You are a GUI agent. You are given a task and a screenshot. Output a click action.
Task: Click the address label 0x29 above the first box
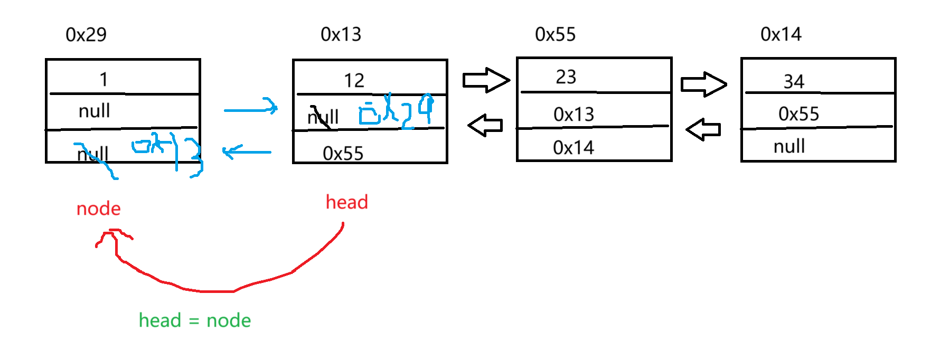click(x=86, y=35)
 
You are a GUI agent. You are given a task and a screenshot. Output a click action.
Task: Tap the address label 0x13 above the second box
click(x=341, y=35)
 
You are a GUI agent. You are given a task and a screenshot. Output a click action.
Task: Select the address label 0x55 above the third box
click(x=555, y=35)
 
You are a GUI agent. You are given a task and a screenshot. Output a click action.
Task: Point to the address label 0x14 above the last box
click(x=781, y=35)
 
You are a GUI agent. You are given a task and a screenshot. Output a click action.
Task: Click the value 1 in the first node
click(x=104, y=80)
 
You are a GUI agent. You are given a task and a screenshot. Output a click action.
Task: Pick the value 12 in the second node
click(x=354, y=81)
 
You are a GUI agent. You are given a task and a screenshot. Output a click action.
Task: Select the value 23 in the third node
click(x=566, y=77)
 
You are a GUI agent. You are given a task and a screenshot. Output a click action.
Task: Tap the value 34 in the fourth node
click(x=794, y=82)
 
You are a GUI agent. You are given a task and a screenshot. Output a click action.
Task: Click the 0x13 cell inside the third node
click(x=574, y=115)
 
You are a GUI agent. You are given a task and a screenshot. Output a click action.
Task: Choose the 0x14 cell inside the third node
click(x=574, y=148)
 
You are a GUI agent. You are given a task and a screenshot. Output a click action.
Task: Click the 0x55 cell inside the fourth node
click(x=798, y=114)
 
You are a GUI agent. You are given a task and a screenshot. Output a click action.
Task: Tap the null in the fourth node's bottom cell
click(x=789, y=146)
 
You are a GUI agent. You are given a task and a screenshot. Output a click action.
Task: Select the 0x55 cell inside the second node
click(x=343, y=154)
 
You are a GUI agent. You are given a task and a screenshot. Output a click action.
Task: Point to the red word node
click(x=99, y=209)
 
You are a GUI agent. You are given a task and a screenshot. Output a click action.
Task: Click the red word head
click(x=347, y=202)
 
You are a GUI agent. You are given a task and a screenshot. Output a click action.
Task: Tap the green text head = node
click(x=195, y=320)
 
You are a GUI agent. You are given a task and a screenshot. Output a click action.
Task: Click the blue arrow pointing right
click(x=251, y=109)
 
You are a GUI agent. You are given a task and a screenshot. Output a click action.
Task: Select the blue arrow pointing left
click(x=247, y=152)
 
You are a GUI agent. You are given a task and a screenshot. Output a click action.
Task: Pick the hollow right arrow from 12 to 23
click(x=486, y=80)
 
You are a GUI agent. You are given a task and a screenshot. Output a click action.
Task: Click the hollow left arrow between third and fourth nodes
click(x=703, y=129)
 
